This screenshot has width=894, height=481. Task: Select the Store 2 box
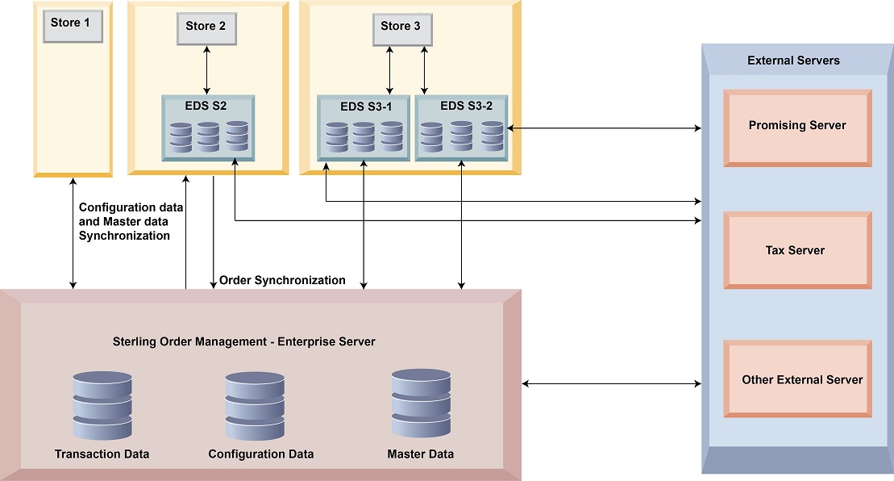207,28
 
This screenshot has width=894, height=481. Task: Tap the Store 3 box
401,28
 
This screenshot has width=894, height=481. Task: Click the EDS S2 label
207,105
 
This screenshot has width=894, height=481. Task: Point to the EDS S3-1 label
364,106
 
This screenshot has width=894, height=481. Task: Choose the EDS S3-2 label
461,106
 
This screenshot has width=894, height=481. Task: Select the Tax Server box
796,250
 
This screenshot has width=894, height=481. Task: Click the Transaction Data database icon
102,406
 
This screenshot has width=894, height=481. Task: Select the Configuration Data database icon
255,406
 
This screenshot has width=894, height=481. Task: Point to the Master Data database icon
420,404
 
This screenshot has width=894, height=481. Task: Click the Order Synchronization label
282,281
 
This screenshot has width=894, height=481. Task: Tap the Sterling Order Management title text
244,342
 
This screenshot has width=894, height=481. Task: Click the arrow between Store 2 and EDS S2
207,70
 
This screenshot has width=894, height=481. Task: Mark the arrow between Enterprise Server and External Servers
612,384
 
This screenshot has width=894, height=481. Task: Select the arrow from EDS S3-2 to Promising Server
603,128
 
